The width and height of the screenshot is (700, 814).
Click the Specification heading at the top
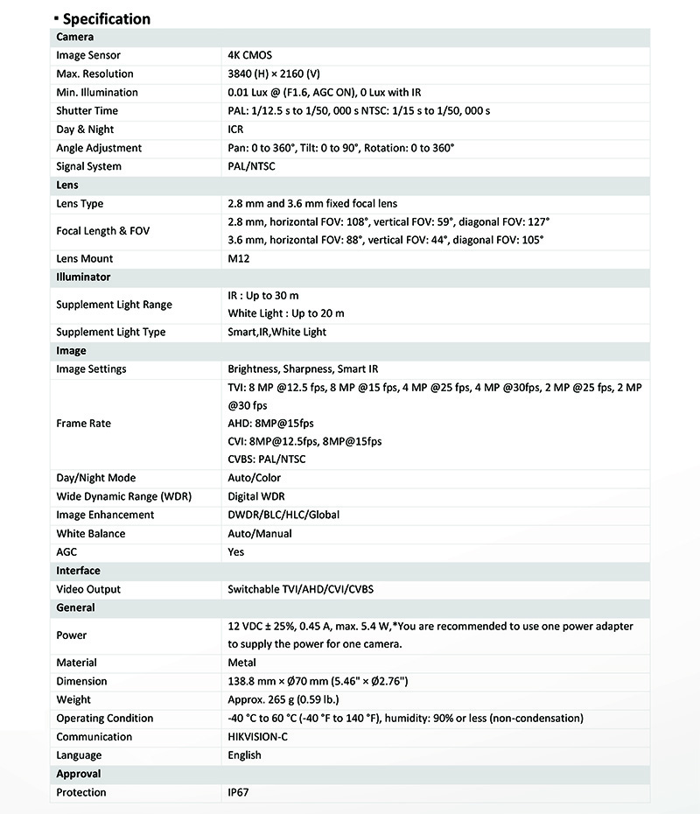point(105,18)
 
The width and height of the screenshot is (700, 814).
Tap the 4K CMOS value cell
point(249,55)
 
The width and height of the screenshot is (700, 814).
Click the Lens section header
point(67,185)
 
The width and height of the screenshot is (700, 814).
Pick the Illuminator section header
point(83,277)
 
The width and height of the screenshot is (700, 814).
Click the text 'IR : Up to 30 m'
point(262,296)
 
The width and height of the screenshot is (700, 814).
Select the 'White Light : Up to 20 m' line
point(285,313)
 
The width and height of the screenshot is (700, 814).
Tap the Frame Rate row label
point(83,423)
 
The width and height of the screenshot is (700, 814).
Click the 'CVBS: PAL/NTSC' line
point(266,460)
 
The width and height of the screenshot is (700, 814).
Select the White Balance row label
point(90,533)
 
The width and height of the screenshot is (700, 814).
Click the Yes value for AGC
point(235,551)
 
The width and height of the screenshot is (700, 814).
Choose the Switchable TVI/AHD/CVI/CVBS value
point(306,589)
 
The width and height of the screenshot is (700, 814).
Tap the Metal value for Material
point(241,663)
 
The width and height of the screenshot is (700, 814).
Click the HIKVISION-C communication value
point(259,736)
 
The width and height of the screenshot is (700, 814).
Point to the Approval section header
point(78,774)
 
